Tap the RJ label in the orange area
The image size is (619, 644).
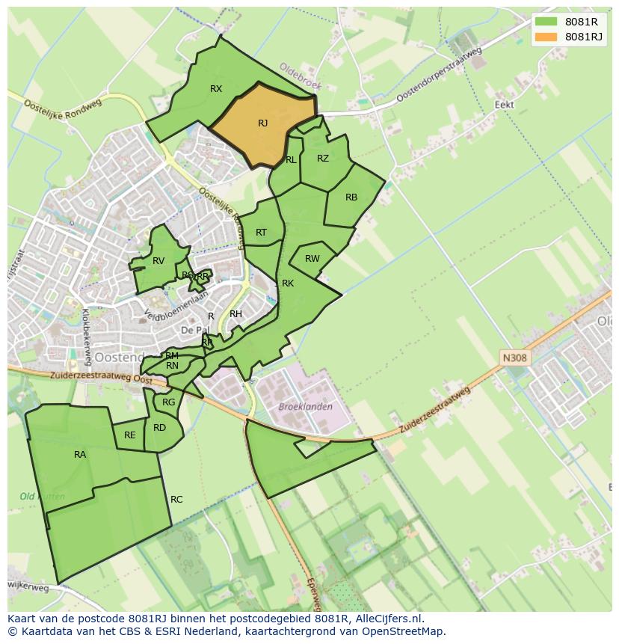point(262,123)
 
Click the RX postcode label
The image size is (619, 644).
point(216,89)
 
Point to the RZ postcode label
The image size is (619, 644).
point(323,159)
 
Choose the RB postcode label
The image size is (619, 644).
point(351,197)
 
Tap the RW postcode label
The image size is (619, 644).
point(312,259)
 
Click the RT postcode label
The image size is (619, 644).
point(261,233)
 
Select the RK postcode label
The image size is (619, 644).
point(288,283)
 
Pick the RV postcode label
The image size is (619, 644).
point(158,261)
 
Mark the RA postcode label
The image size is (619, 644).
point(80,454)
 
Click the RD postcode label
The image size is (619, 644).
point(159,428)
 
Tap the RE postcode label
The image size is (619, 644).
point(130,435)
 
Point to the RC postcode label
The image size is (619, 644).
point(176,500)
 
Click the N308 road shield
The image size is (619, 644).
point(514,358)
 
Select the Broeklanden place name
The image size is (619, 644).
point(305,407)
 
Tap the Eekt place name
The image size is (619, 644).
point(505,105)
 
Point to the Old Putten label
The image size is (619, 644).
point(42,497)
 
